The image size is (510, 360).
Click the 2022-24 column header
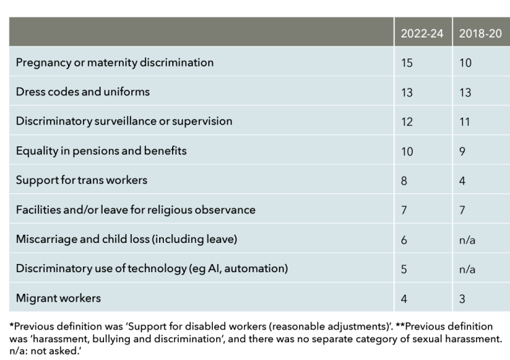coord(422,33)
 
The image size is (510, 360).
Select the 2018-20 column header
coord(480,33)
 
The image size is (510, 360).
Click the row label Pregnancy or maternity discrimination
coord(115,63)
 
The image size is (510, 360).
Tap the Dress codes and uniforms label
coord(83,92)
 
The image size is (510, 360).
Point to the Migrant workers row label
coord(58,298)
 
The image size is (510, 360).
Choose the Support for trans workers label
coord(82,180)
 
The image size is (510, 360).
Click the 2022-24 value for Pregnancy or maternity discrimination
coord(407,63)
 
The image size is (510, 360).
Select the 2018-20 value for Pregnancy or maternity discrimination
coord(465,63)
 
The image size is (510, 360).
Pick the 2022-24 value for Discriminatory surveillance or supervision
coord(407,122)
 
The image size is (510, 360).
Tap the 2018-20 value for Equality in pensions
coord(462,151)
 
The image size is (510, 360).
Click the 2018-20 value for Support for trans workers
coord(462,180)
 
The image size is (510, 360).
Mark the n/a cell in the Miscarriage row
coord(467,240)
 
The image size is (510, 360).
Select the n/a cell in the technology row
coord(467,269)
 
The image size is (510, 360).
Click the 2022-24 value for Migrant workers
coord(404,299)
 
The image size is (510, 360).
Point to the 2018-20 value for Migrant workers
coord(462,299)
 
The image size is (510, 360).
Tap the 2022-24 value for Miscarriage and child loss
coord(404,240)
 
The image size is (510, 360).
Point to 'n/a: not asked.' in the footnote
coord(45,351)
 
